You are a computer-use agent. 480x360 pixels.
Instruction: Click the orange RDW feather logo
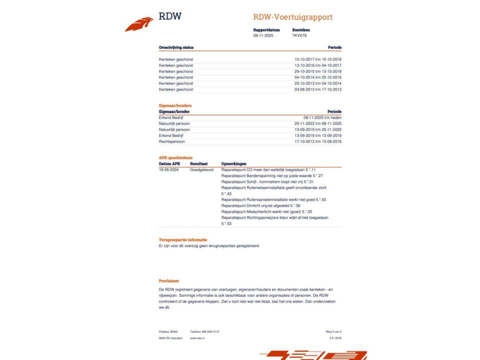tap(139, 24)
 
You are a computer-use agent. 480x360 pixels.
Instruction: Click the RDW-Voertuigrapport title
tap(292, 17)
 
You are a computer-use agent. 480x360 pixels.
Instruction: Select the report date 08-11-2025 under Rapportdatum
tap(263, 36)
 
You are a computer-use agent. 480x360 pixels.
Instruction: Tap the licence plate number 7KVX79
tap(299, 36)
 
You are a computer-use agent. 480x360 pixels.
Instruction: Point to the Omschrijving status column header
tap(176, 47)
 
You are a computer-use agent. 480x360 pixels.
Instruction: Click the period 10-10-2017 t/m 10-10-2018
tap(318, 59)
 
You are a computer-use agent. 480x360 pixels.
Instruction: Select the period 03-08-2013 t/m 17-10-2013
tap(318, 89)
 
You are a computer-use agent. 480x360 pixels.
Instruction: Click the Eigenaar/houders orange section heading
tap(175, 105)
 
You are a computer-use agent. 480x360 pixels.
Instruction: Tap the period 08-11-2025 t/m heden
tap(322, 117)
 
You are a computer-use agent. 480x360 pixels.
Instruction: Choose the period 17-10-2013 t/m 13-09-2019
tap(318, 141)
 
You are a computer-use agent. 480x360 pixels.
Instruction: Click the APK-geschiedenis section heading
tap(175, 157)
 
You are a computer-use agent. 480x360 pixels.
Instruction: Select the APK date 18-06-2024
tap(169, 170)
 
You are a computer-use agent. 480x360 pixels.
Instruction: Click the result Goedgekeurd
tap(201, 170)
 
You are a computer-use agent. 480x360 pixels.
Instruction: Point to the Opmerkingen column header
tap(234, 163)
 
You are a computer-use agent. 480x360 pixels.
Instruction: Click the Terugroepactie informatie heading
tap(183, 240)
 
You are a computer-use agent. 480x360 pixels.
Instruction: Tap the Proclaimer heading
tap(169, 281)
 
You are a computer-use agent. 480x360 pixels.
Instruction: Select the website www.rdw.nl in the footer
tap(196, 338)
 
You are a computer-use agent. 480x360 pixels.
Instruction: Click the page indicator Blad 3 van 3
tap(333, 331)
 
